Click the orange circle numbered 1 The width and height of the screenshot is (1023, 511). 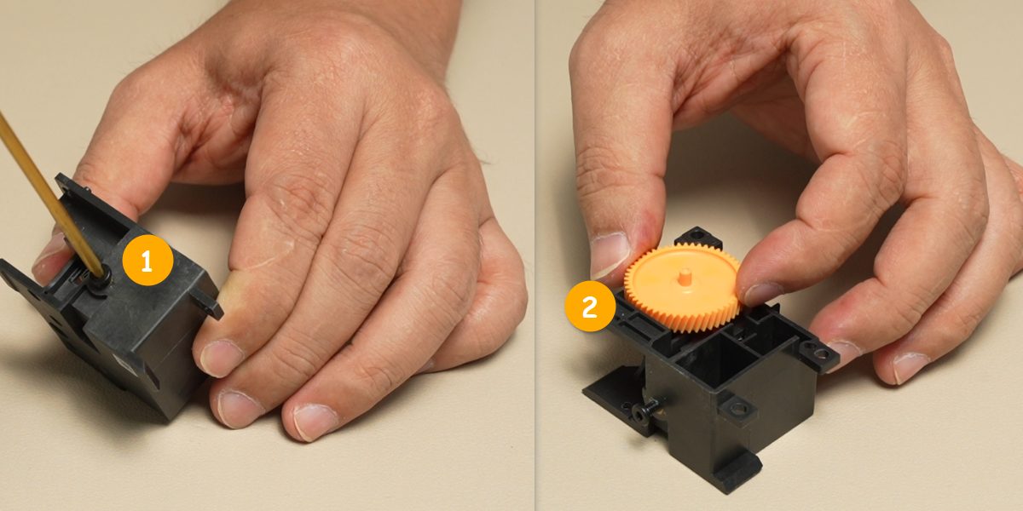[x=147, y=261]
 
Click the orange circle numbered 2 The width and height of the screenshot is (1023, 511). [x=590, y=306]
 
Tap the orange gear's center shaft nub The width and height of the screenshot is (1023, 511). [x=684, y=277]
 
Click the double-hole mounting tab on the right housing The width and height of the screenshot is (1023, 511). [x=818, y=353]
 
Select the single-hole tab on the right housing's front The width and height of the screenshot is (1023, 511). [x=737, y=407]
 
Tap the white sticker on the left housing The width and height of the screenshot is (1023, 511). [x=123, y=364]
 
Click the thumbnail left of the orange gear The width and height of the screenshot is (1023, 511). [x=609, y=254]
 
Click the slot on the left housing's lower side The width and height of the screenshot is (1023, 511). [x=152, y=374]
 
